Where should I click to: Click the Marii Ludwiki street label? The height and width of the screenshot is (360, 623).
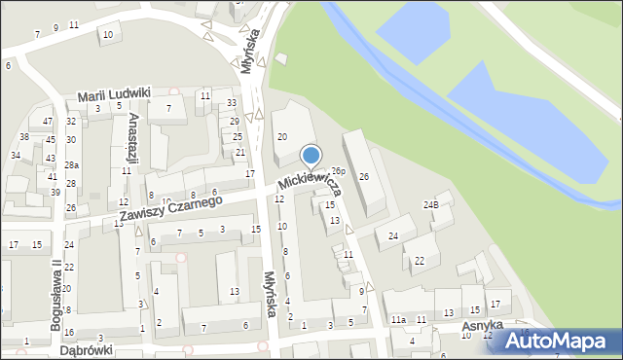pyautogui.click(x=114, y=93)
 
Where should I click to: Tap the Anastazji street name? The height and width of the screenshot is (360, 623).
pyautogui.click(x=132, y=138)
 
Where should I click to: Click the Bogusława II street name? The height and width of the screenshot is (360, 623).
pyautogui.click(x=56, y=288)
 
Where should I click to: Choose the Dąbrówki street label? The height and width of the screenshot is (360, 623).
pyautogui.click(x=86, y=349)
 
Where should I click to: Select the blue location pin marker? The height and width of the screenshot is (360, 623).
pyautogui.click(x=311, y=155)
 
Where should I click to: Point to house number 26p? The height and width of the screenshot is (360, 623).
pyautogui.click(x=338, y=171)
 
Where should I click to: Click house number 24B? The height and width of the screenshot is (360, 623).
pyautogui.click(x=430, y=204)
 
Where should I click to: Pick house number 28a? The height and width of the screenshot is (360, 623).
pyautogui.click(x=71, y=165)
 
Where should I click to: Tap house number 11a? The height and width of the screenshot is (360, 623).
pyautogui.click(x=398, y=320)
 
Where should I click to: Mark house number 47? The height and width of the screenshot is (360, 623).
pyautogui.click(x=48, y=122)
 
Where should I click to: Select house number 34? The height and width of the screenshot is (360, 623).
pyautogui.click(x=16, y=156)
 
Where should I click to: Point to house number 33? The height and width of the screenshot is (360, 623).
pyautogui.click(x=232, y=103)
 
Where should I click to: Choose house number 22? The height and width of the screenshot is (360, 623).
pyautogui.click(x=419, y=261)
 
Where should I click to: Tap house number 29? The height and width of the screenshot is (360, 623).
pyautogui.click(x=236, y=122)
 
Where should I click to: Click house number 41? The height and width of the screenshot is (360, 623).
pyautogui.click(x=53, y=177)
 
